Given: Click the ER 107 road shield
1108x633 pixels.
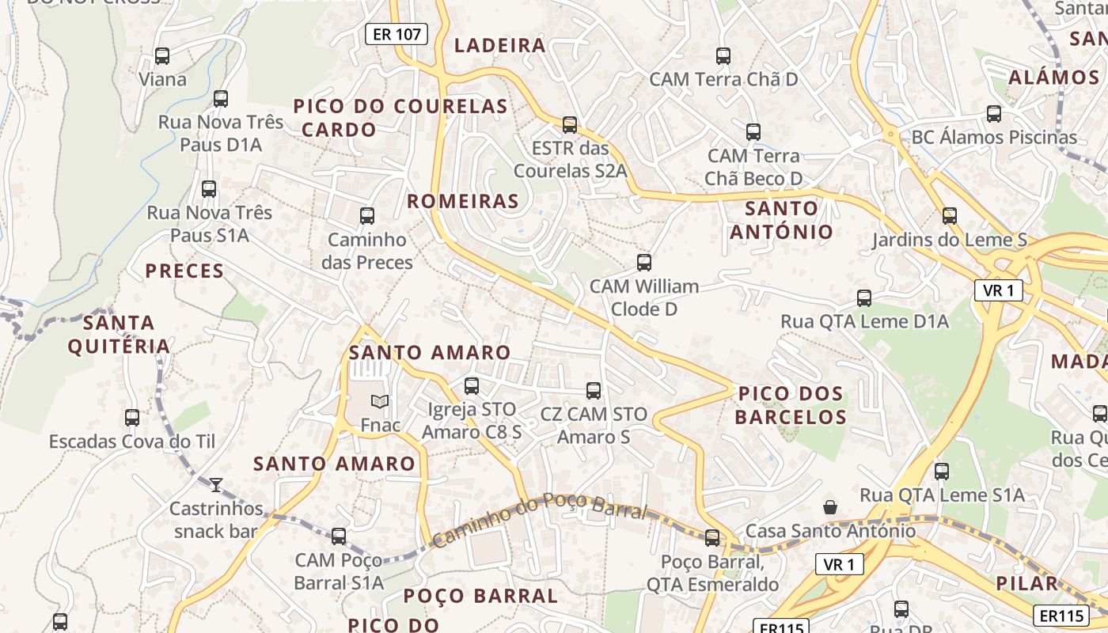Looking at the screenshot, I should point(397,34).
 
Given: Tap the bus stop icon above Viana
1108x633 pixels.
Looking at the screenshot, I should point(162,56).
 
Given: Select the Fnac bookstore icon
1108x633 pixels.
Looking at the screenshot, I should point(380,401).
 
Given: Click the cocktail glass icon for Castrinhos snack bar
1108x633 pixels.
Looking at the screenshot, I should point(215,484).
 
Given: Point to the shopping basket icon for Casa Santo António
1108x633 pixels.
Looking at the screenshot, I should point(830,506).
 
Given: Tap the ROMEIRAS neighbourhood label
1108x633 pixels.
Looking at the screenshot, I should point(463,201).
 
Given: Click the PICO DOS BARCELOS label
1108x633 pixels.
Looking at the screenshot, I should point(791,405).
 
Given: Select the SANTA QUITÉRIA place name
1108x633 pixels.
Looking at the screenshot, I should point(119,335).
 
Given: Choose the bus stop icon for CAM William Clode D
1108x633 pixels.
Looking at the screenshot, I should point(644,263).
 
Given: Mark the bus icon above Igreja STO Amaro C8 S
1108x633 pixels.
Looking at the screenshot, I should point(472,386).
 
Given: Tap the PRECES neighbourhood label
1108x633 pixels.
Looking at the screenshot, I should point(184,271).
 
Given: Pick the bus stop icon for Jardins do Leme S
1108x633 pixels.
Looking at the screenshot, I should point(949,215).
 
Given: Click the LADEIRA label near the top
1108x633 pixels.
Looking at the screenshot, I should point(500,45).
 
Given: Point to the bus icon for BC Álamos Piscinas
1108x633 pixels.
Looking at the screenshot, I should point(994,114).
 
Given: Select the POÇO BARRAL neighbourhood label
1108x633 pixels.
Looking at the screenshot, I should point(481,596).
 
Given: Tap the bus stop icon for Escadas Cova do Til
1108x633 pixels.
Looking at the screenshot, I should point(132,418).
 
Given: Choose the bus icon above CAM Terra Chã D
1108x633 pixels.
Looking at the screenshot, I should point(723,56).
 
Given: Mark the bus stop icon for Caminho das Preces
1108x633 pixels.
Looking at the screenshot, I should point(367,216).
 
